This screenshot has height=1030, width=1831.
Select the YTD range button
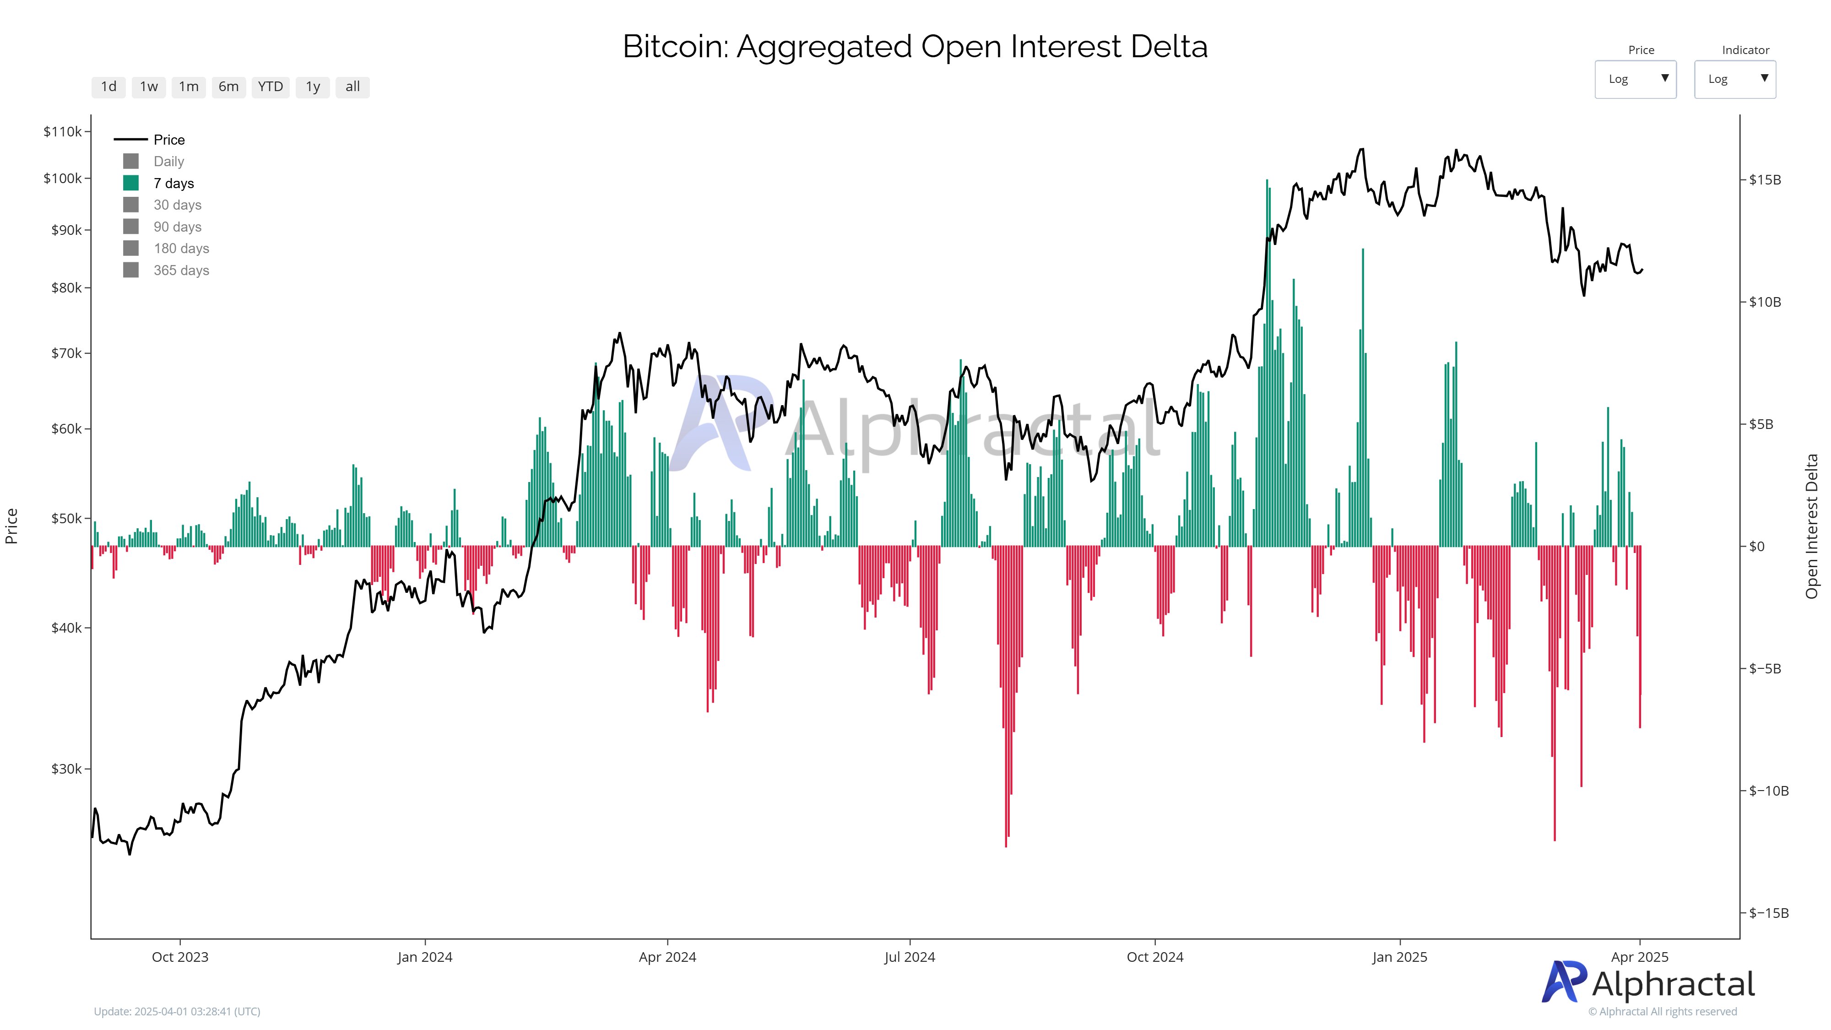pos(270,87)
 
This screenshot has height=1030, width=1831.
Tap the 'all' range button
pos(352,87)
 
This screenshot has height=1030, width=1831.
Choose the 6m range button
pos(228,87)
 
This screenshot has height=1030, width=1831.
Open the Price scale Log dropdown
pos(1635,79)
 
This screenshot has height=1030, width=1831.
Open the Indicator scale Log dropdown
pos(1734,79)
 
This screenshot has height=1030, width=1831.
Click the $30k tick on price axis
pos(66,769)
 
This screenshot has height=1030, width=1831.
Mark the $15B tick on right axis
pos(1765,180)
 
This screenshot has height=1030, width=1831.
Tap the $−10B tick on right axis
pos(1768,791)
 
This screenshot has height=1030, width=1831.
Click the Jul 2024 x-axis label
pos(909,957)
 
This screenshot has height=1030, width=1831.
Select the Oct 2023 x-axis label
pos(180,957)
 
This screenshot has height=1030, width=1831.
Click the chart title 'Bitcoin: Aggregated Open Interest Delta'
pos(915,47)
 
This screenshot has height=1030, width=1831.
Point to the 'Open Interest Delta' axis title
pos(1812,526)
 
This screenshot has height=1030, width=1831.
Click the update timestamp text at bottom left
pos(177,1011)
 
